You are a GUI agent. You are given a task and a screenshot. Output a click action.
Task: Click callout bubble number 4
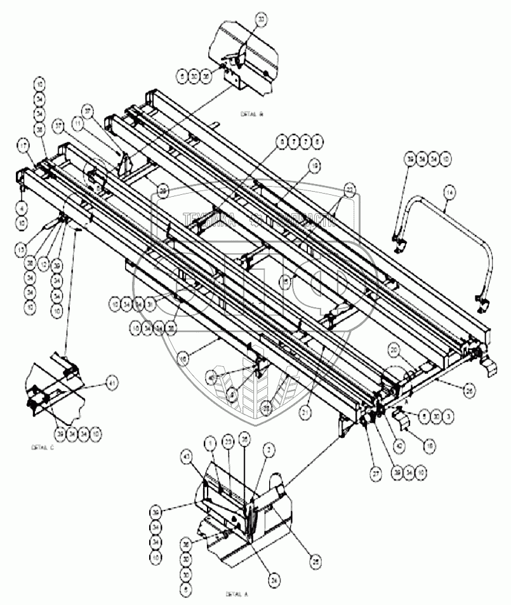click(x=23, y=206)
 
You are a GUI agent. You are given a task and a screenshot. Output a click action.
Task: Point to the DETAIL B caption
click(x=251, y=116)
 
